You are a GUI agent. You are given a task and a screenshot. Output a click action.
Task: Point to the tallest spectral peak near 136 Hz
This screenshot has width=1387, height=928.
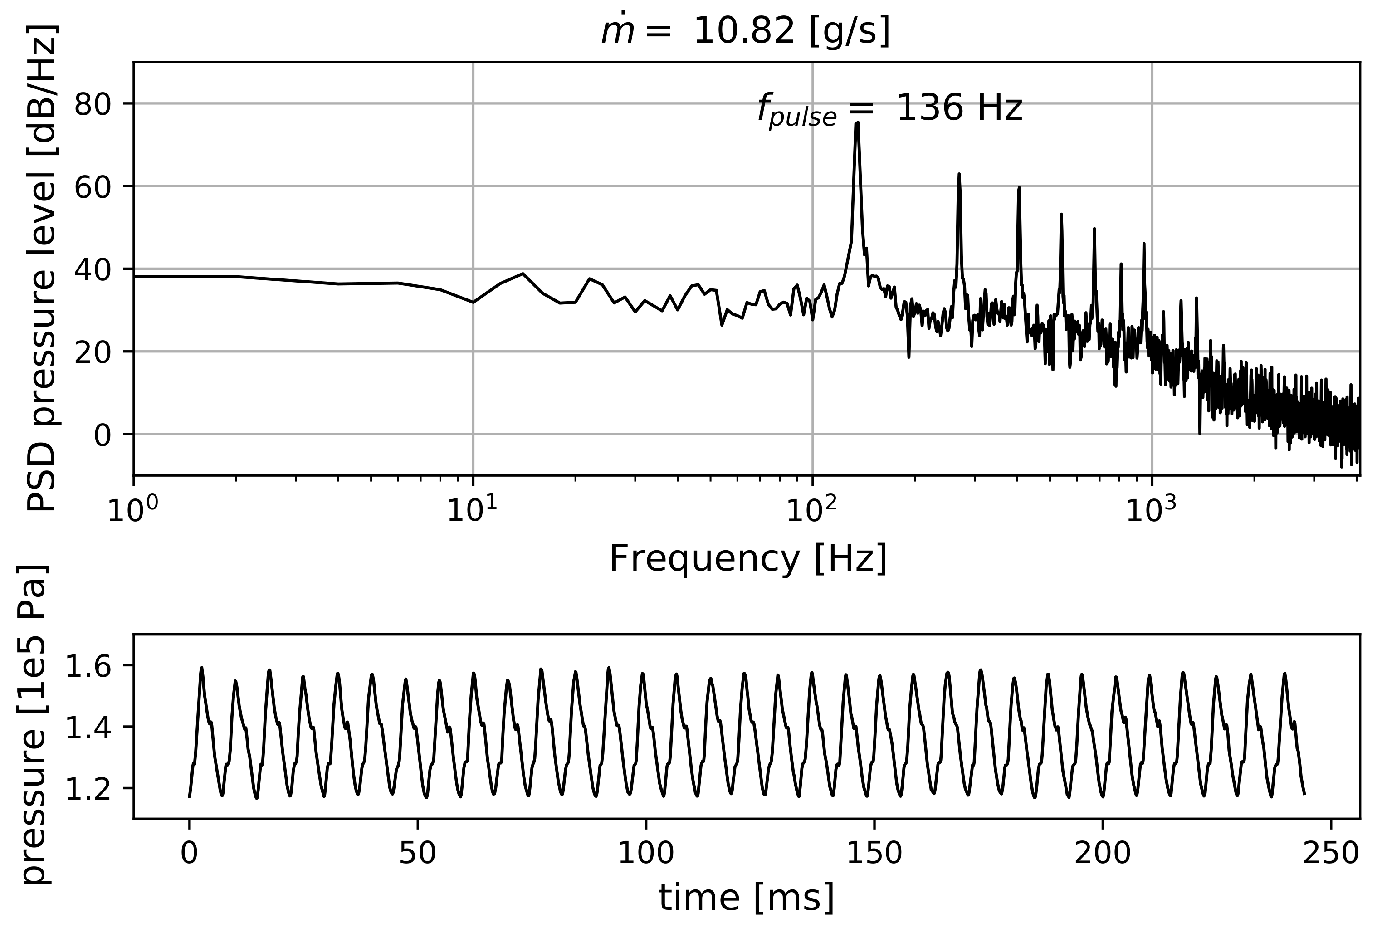tap(856, 124)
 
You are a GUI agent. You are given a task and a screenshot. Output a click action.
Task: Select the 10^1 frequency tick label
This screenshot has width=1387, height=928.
tap(472, 510)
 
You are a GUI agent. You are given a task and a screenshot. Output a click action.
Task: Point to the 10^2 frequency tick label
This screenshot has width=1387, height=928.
tap(811, 510)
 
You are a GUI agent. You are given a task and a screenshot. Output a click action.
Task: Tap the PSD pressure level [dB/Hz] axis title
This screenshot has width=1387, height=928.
tap(43, 269)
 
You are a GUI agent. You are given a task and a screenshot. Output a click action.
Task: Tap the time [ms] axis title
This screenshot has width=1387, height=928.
tap(747, 897)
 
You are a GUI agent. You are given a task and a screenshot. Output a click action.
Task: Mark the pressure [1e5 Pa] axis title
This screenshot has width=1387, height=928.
tap(34, 727)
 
